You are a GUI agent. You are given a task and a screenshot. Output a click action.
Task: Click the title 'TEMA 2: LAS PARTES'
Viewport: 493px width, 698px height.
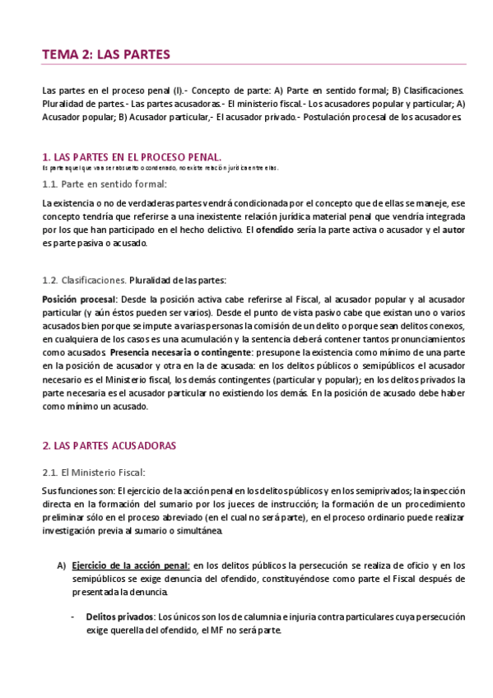105,54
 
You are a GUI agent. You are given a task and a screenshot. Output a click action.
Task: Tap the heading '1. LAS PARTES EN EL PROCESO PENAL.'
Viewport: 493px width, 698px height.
131,156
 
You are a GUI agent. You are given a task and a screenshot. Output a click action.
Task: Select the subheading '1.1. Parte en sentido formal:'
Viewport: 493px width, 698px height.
104,184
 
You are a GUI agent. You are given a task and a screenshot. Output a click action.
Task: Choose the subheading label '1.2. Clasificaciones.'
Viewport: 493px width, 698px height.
84,280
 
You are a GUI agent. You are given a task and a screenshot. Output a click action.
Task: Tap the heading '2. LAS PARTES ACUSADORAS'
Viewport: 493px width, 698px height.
109,445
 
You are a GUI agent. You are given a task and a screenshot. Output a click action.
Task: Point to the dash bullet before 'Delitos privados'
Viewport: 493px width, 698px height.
75,616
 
